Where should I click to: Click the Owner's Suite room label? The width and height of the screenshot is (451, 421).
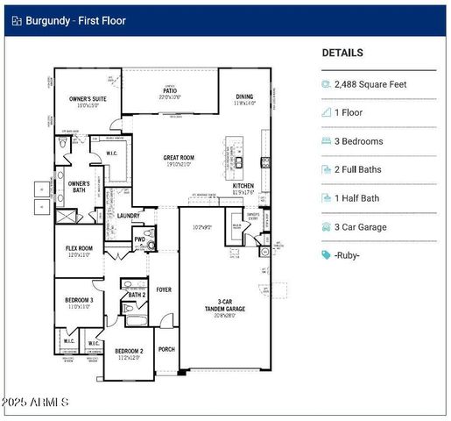point(87,99)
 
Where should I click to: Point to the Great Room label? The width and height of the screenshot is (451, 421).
point(179,159)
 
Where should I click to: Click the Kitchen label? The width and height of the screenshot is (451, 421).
point(243,186)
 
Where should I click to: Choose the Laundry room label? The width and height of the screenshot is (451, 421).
point(128,215)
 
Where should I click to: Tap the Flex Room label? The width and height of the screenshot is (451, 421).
point(79,248)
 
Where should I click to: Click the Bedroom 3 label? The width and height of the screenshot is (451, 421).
point(79,301)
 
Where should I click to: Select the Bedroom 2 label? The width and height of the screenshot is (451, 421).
point(128,352)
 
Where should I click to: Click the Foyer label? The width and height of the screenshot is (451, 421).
point(164,289)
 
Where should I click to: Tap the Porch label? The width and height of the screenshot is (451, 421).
point(166,349)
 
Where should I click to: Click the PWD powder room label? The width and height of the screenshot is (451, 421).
point(139,239)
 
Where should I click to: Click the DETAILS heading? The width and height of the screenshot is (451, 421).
point(342,53)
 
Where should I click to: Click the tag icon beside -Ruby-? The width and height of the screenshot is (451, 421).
point(327,255)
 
